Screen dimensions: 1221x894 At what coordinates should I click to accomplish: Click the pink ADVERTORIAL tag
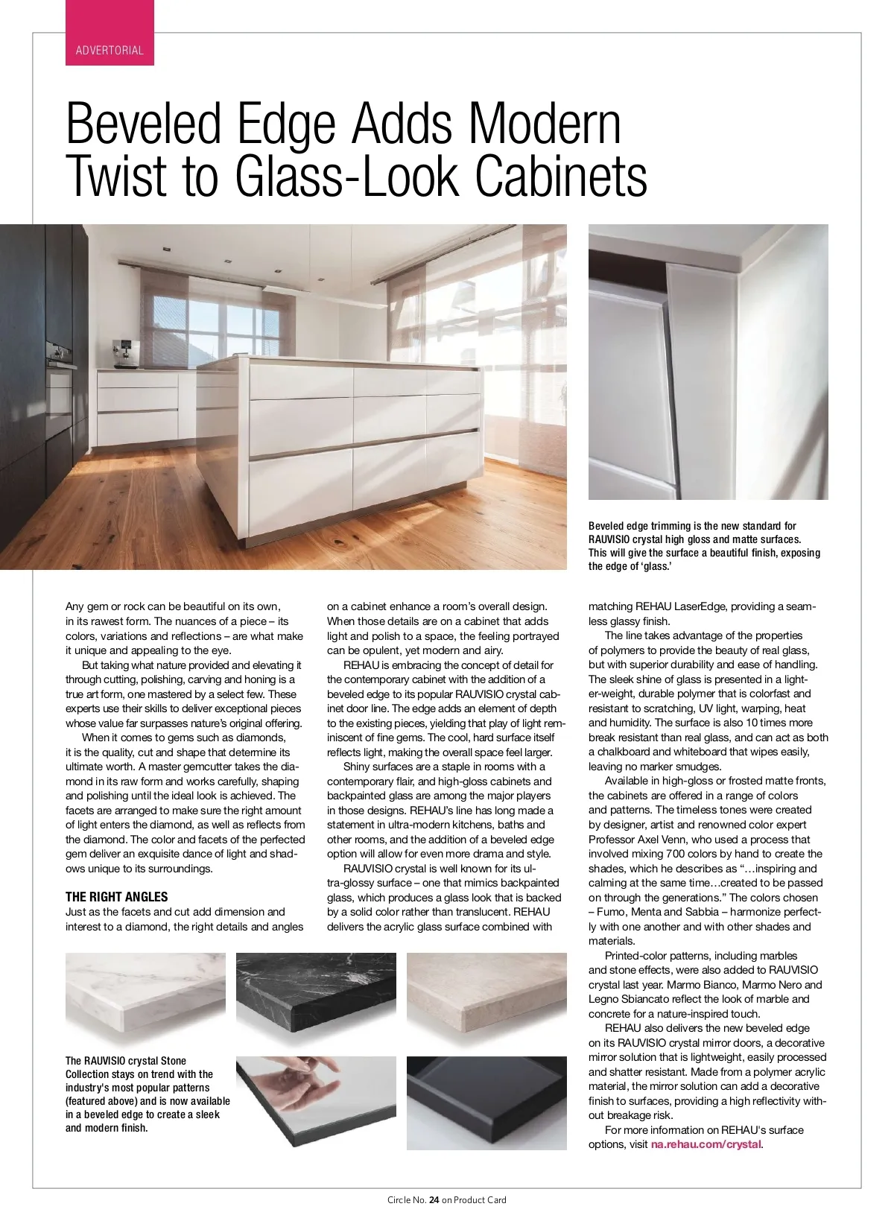[x=110, y=51]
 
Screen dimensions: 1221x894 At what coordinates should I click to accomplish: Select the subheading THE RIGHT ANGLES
[x=117, y=897]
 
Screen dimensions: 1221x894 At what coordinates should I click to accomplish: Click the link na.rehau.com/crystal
[x=706, y=1144]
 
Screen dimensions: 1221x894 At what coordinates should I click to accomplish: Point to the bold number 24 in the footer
[x=434, y=1199]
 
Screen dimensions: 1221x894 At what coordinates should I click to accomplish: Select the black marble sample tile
[x=316, y=998]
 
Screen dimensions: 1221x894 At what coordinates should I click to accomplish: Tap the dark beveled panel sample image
[x=486, y=1103]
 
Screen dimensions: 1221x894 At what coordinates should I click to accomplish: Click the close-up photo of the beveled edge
[x=708, y=362]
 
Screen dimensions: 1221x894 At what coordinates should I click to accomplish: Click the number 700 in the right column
[x=676, y=854]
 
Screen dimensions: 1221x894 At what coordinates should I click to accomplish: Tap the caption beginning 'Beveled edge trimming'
[x=704, y=546]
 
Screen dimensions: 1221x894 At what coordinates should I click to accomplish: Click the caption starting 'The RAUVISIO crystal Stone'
[x=147, y=1094]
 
